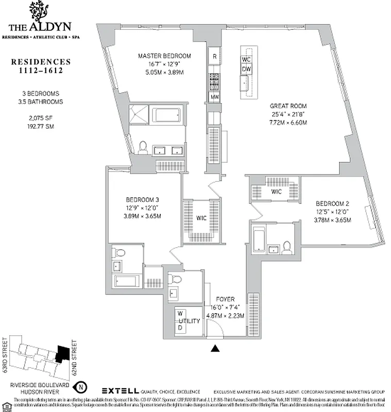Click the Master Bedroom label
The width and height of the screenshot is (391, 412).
164,56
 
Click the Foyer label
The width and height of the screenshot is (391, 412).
225,299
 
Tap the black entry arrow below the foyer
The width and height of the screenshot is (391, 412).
216,349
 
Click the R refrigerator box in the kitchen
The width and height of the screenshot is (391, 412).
215,56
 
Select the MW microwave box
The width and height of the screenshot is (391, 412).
215,97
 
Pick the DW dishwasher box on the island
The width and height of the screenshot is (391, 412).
246,68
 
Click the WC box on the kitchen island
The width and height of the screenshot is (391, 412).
246,59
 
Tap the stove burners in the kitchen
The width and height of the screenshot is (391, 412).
215,81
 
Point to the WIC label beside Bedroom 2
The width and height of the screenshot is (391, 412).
277,192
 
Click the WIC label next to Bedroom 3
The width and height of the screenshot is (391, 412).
201,218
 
